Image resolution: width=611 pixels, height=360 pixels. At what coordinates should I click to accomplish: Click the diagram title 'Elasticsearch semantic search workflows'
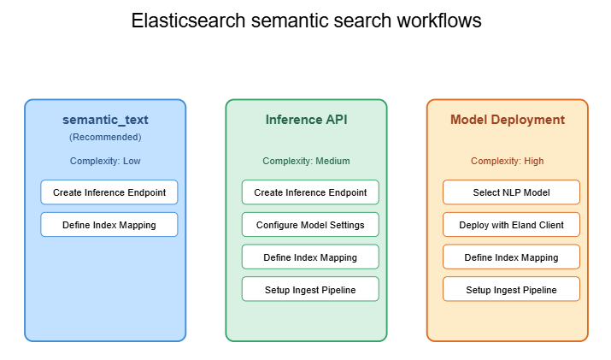(x=306, y=21)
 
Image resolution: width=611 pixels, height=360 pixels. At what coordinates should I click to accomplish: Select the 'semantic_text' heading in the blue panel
(x=105, y=120)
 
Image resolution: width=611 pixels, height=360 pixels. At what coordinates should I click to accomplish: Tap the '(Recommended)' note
(x=105, y=137)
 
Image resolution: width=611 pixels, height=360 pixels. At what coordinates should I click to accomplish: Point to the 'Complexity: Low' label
(x=105, y=161)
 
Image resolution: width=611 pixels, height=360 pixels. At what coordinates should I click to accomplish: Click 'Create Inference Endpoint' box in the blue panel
(x=109, y=192)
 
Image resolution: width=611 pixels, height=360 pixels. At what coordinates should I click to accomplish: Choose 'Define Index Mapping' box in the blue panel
(x=109, y=225)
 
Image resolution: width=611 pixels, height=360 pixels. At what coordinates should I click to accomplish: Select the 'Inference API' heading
(x=306, y=120)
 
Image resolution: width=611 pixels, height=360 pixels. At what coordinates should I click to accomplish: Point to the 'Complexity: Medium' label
(x=306, y=161)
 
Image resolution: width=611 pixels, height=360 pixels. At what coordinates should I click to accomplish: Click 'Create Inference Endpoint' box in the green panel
(x=310, y=192)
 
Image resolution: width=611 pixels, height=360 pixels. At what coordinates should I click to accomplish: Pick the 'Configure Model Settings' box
(x=310, y=225)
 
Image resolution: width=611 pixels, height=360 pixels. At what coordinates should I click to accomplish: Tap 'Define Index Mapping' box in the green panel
(x=310, y=257)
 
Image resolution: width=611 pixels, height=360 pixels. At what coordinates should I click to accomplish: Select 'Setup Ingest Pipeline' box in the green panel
(x=310, y=290)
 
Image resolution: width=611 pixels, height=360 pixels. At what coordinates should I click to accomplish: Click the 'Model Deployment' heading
(x=508, y=120)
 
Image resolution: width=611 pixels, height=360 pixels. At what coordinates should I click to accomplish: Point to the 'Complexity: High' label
(x=508, y=161)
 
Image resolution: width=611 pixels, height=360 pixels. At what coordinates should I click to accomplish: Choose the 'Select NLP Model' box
(x=511, y=192)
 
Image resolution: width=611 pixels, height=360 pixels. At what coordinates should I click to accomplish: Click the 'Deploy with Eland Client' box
(x=511, y=225)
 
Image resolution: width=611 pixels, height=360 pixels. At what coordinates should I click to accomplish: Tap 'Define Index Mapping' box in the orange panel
(x=511, y=257)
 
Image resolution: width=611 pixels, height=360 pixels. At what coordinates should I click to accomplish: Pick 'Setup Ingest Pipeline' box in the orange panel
(x=511, y=290)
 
